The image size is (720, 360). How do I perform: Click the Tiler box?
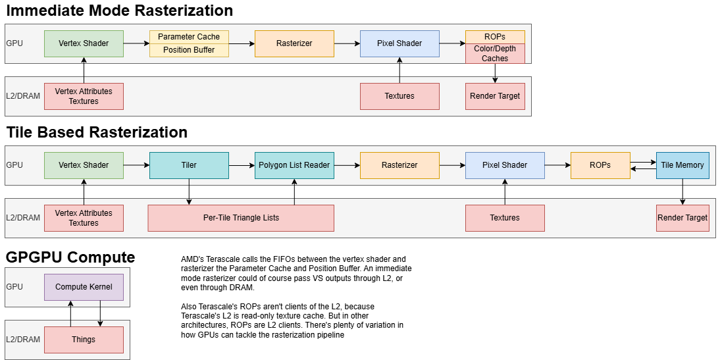tap(189, 165)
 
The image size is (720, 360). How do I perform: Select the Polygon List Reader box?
tap(294, 165)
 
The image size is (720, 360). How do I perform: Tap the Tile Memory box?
tap(682, 165)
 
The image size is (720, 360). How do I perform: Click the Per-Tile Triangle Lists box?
tap(241, 218)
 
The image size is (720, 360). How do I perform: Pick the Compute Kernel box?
tap(84, 287)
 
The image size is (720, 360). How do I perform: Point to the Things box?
tap(84, 340)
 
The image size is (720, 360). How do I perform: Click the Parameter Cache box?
tap(189, 37)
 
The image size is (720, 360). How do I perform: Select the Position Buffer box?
tap(189, 50)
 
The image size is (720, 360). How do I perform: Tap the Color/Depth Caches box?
tap(495, 53)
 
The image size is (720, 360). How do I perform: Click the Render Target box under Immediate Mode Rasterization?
tap(495, 96)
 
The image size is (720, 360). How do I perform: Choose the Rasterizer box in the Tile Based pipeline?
tap(399, 165)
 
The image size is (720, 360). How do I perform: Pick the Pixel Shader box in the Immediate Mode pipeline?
tap(399, 43)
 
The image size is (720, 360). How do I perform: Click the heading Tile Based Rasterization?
tap(97, 132)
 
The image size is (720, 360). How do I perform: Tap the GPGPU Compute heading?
tap(70, 257)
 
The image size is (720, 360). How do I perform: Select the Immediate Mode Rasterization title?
tap(119, 11)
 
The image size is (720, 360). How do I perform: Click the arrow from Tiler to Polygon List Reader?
tap(242, 165)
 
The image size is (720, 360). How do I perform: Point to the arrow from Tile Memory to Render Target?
tap(682, 192)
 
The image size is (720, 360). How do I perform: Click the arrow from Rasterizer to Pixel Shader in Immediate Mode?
tap(347, 43)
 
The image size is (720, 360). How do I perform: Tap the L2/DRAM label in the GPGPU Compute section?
tap(23, 340)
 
